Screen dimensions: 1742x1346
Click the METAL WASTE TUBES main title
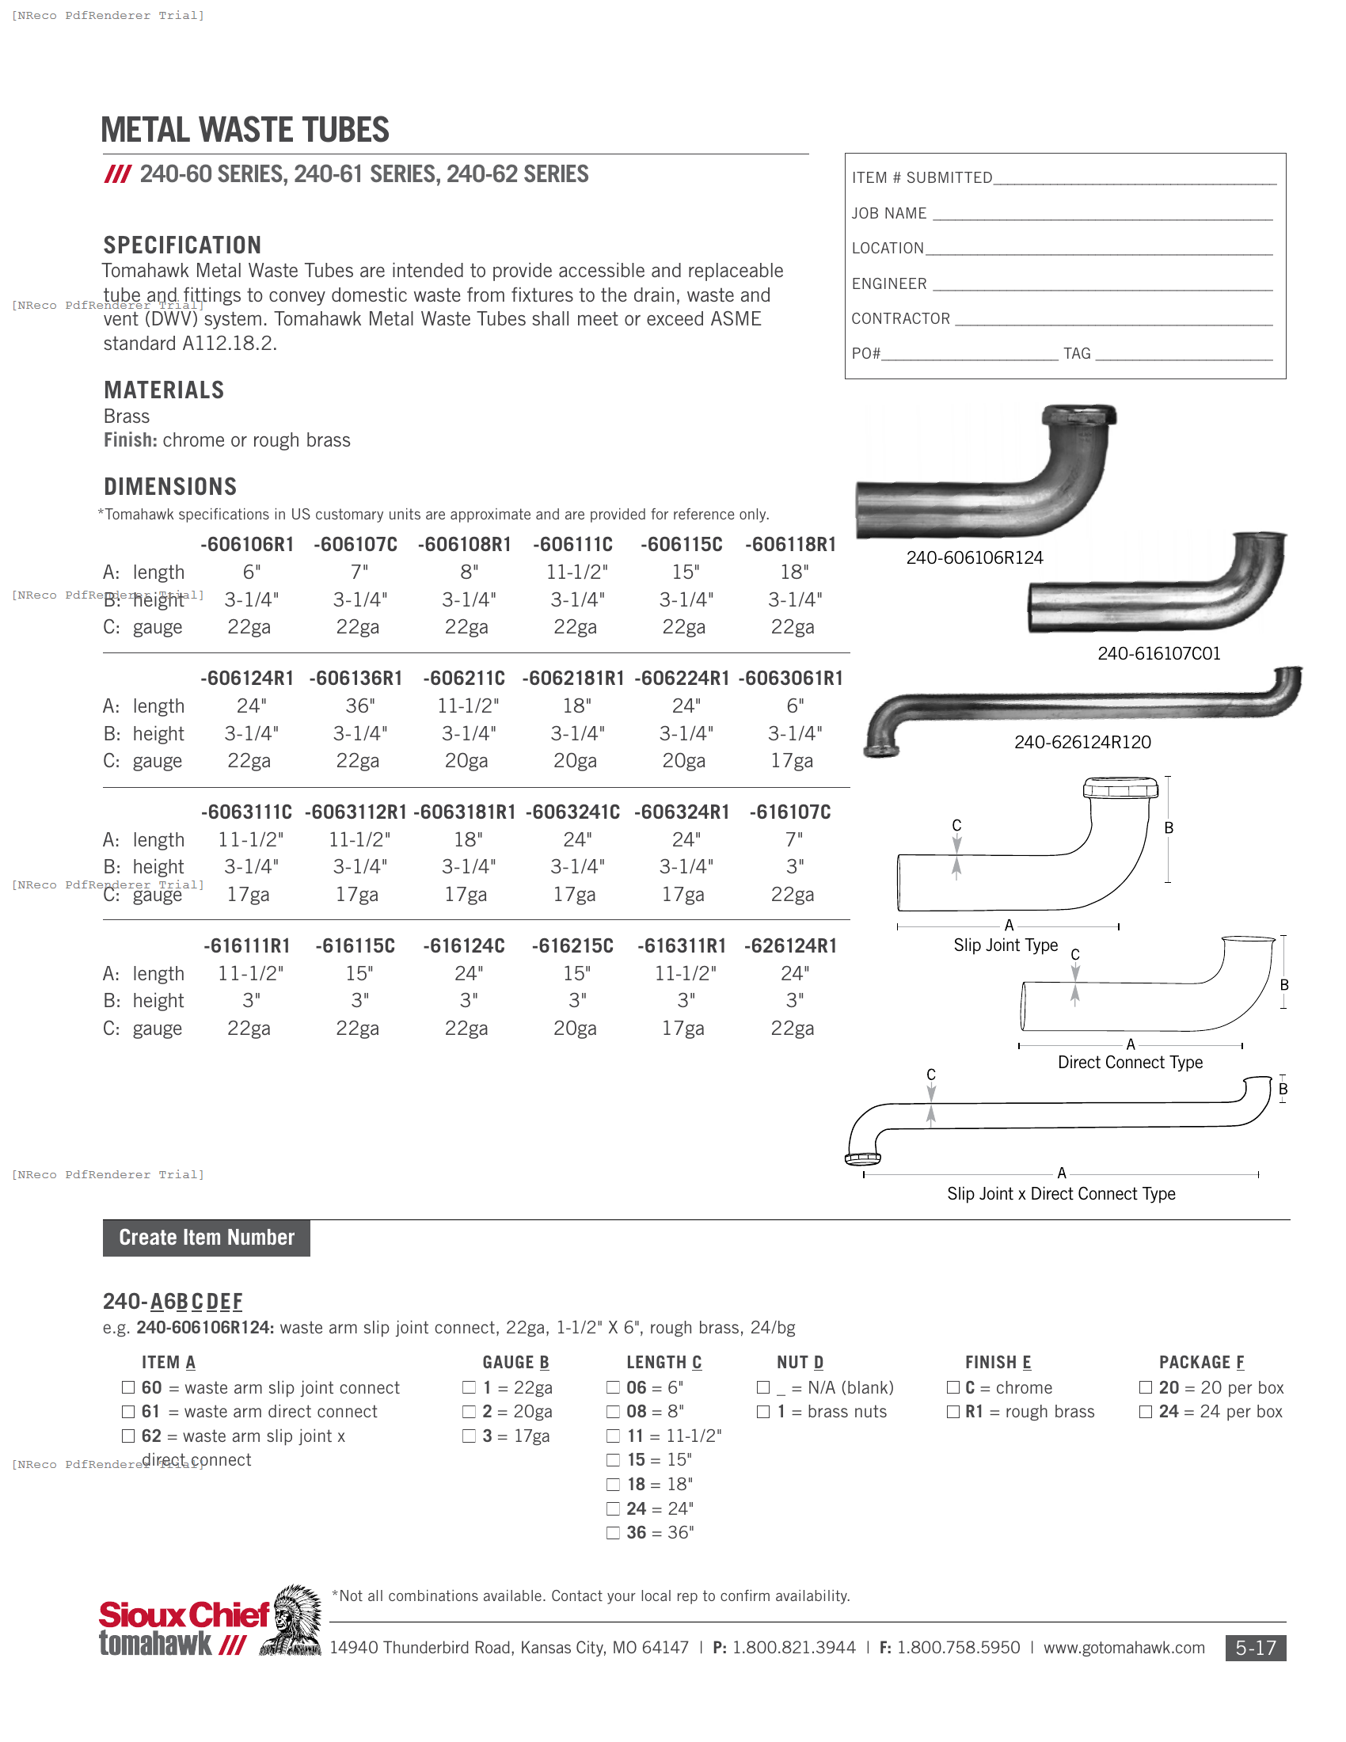click(x=245, y=130)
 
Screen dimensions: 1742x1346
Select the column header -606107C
click(x=356, y=545)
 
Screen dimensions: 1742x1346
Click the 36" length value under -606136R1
click(x=359, y=706)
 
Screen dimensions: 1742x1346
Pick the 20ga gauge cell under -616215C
click(x=575, y=1029)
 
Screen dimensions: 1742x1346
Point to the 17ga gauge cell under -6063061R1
click(x=792, y=761)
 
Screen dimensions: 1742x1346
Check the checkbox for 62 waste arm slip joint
click(x=128, y=1436)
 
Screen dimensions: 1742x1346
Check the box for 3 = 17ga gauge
click(x=469, y=1436)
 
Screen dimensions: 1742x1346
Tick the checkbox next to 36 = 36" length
click(x=613, y=1533)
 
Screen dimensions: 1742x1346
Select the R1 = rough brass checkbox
click(x=952, y=1412)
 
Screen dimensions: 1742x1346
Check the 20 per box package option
click(x=1146, y=1388)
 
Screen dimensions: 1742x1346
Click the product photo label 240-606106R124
click(x=975, y=558)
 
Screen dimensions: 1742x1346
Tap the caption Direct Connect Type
click(x=1130, y=1063)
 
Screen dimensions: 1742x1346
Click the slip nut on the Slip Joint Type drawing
click(x=1120, y=789)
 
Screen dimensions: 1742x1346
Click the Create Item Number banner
click(x=207, y=1238)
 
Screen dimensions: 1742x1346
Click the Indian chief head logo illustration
click(x=293, y=1621)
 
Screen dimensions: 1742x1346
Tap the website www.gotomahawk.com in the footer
click(x=1124, y=1648)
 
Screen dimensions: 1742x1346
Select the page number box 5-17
click(x=1255, y=1648)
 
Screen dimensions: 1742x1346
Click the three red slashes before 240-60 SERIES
click(x=117, y=175)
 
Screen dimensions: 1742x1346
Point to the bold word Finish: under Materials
click(x=130, y=440)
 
